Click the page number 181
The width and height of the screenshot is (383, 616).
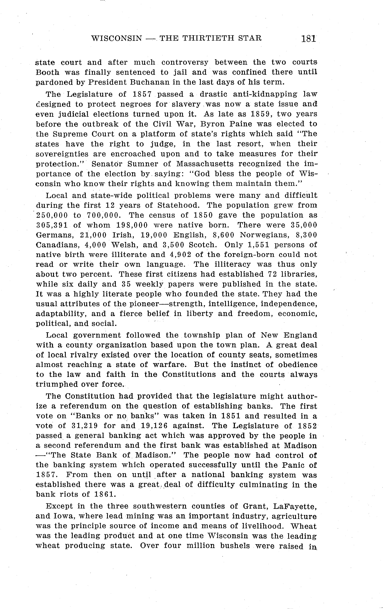point(308,39)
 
